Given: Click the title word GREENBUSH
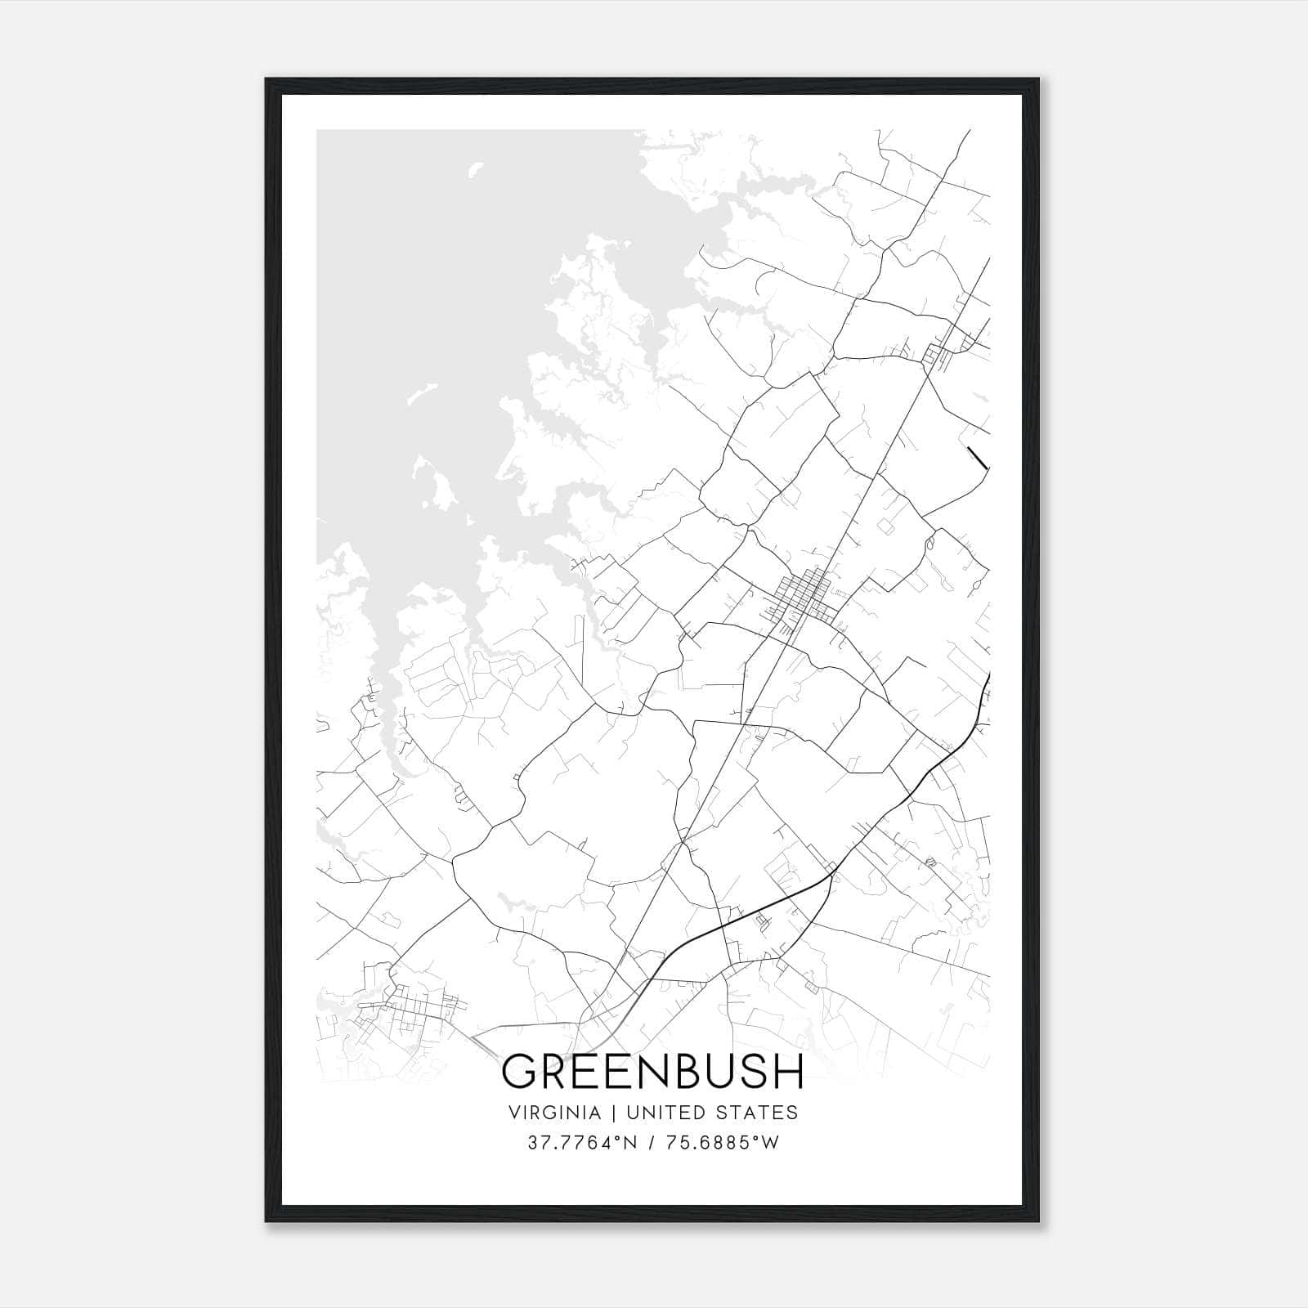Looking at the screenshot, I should tap(653, 1072).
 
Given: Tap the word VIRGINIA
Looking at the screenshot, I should tap(554, 1113).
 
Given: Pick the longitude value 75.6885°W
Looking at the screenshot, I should tap(722, 1143).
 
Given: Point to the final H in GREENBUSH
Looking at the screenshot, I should tap(790, 1072).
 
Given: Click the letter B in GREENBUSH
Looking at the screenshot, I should tap(685, 1072).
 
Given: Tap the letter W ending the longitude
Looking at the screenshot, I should tap(770, 1143).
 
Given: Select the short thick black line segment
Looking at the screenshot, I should tap(977, 459).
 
